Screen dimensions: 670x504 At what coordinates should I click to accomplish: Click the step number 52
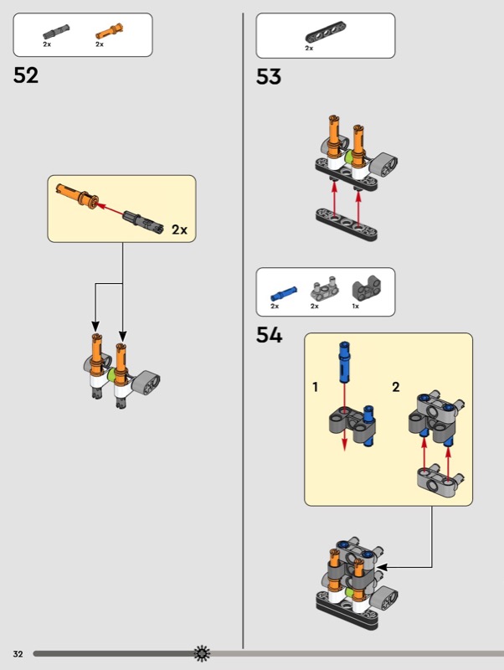pos(26,75)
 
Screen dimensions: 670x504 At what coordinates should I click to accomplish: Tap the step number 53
pos(269,77)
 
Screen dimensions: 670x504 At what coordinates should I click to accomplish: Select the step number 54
pos(270,336)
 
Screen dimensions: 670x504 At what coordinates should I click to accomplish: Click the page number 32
pos(18,653)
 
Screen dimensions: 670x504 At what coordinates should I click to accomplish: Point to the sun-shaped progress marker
pos(202,653)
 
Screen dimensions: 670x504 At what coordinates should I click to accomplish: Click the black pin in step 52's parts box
pos(56,31)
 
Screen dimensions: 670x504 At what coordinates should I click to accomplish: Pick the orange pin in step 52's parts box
pos(110,31)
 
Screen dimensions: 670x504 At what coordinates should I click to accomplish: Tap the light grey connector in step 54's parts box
pos(324,290)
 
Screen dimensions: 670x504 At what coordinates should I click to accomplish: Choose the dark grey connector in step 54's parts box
pos(363,290)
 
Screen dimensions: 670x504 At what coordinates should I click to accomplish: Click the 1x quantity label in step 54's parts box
pos(356,307)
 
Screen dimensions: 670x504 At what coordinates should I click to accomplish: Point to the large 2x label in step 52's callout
pos(179,229)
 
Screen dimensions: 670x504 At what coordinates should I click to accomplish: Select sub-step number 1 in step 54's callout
pos(316,387)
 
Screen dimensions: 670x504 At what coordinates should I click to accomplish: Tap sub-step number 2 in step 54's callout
pos(396,387)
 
